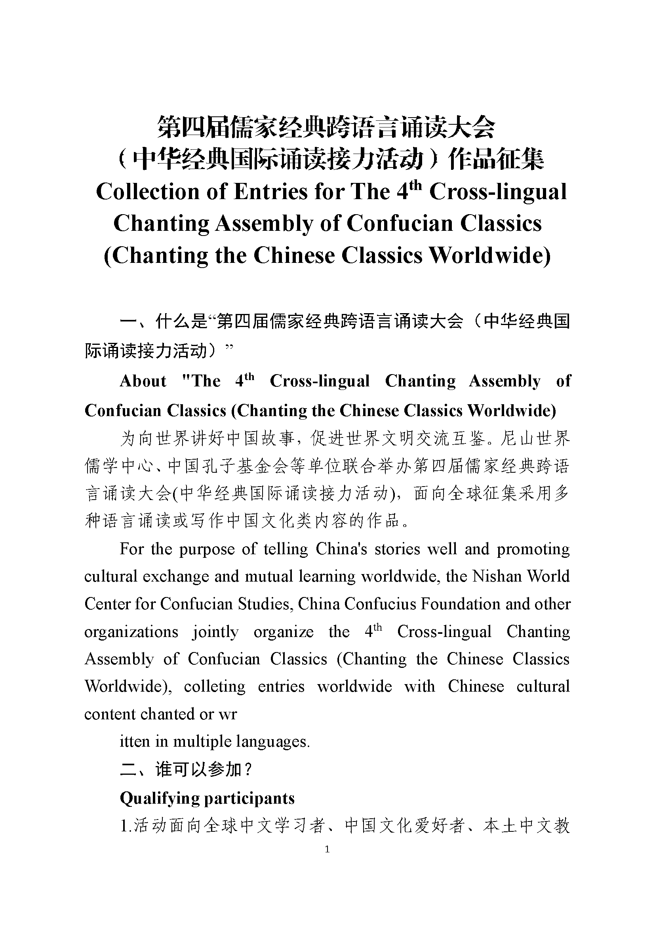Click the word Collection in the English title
[x=148, y=192]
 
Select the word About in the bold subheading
[x=143, y=381]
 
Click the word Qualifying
[x=158, y=799]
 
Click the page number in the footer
[x=327, y=850]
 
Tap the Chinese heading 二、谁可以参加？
[x=187, y=770]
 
